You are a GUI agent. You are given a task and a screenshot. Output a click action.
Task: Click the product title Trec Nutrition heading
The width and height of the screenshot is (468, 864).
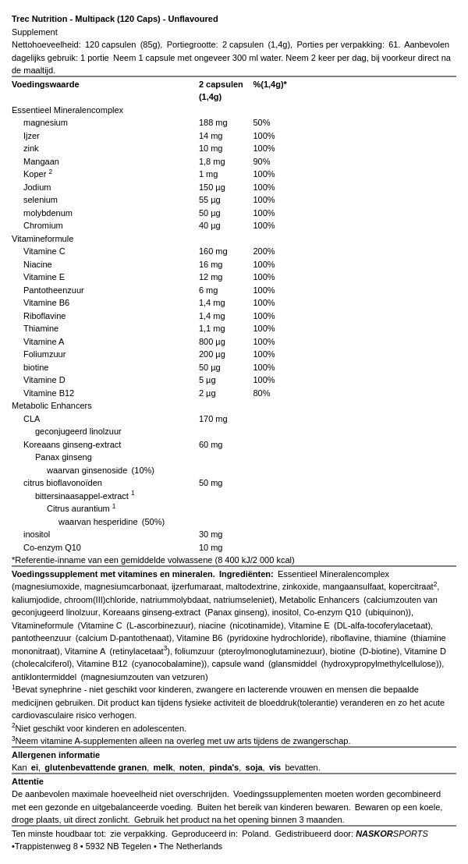coord(115,19)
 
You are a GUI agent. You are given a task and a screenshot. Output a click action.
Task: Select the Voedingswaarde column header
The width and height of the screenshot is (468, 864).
coord(45,84)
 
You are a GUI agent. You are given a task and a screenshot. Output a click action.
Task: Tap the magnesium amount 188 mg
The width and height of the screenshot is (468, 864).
coord(213,122)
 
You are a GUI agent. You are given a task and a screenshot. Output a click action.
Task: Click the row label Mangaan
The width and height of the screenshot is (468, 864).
coord(41,161)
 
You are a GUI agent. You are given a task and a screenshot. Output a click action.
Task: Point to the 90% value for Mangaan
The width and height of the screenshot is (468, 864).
coord(261,161)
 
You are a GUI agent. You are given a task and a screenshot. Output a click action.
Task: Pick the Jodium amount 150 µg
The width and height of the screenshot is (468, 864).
coord(212,187)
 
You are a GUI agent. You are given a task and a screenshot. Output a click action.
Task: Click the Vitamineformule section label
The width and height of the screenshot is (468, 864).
coord(42,239)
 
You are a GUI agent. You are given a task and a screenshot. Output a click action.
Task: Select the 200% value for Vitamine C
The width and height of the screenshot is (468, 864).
coord(264,251)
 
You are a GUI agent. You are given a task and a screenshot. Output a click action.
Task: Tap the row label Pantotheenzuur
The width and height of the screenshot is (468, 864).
coord(54,290)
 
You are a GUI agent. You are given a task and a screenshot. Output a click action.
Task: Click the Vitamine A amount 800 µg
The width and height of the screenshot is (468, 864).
coord(212,342)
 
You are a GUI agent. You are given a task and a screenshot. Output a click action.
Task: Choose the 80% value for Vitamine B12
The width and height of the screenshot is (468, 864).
coord(261,393)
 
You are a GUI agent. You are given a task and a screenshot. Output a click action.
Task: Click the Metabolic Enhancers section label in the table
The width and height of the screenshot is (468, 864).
coord(51,405)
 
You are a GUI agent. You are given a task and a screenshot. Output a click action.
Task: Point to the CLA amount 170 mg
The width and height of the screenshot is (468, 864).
coord(213,419)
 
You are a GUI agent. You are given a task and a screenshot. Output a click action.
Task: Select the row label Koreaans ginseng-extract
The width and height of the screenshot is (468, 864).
coord(72,444)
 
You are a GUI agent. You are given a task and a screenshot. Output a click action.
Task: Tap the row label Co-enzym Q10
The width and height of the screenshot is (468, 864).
coord(52,547)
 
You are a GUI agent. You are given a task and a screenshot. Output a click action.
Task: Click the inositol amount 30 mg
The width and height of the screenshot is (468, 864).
coord(211,534)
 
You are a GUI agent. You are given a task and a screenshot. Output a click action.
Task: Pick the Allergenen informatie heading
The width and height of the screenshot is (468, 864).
coord(55,755)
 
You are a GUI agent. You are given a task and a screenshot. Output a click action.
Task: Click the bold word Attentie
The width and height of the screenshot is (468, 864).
coord(27,781)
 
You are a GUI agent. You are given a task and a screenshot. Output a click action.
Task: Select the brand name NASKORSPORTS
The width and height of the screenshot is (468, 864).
coord(392,834)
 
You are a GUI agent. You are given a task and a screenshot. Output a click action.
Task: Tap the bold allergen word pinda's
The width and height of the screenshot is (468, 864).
coord(224,767)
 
